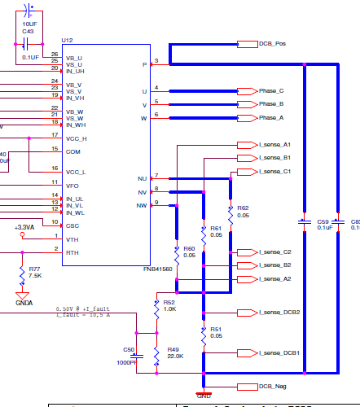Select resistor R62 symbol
(x=230, y=212)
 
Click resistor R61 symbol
(x=203, y=230)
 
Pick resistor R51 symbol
(x=203, y=332)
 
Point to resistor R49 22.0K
(x=157, y=352)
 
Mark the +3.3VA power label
(x=24, y=227)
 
